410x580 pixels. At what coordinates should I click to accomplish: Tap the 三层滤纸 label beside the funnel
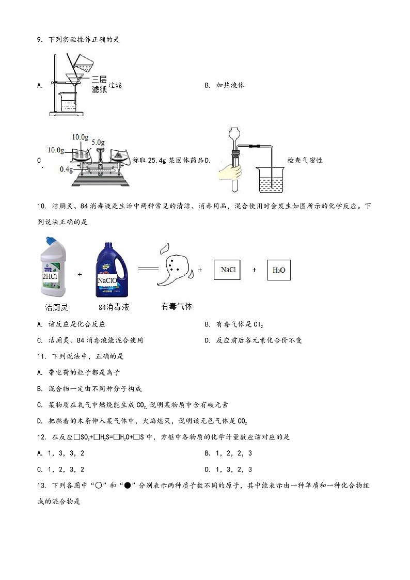(x=99, y=84)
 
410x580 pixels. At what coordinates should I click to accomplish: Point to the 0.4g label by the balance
(x=66, y=169)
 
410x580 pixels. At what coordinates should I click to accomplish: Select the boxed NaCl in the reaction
(x=228, y=270)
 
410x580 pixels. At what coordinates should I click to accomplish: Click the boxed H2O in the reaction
(x=278, y=270)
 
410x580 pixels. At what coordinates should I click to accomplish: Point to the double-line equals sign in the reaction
(x=147, y=269)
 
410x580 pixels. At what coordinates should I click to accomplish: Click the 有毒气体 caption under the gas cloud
(x=177, y=306)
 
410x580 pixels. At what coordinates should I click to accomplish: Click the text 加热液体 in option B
(x=230, y=85)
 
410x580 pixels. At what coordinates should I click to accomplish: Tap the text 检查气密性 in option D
(x=305, y=160)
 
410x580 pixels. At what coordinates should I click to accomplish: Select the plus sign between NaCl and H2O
(x=254, y=270)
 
